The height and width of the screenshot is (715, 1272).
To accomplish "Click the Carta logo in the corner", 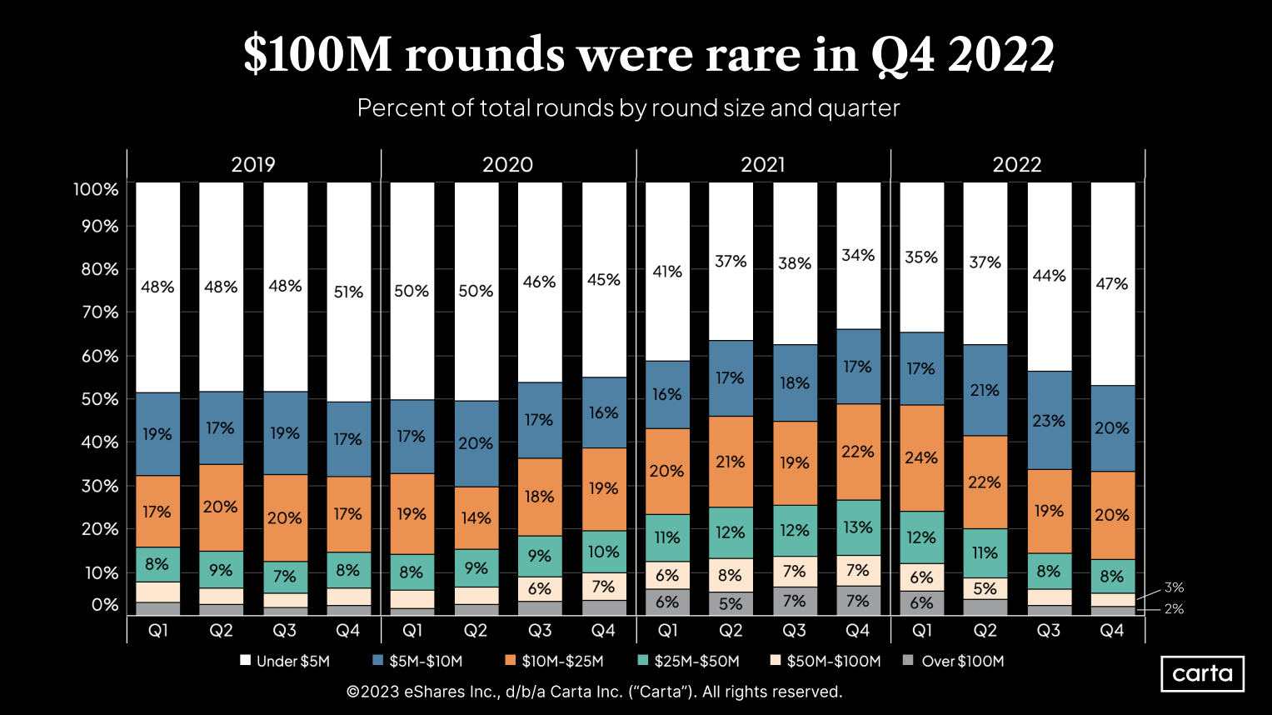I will (x=1202, y=673).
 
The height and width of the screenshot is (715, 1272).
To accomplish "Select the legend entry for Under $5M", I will (x=285, y=661).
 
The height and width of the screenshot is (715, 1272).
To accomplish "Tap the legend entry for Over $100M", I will (x=954, y=661).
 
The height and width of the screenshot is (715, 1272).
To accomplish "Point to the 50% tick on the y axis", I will (x=99, y=399).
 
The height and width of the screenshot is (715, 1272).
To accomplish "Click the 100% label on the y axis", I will (x=96, y=189).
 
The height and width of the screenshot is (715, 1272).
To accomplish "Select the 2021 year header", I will (x=762, y=164).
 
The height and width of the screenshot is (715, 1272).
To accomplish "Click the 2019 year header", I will (x=253, y=164).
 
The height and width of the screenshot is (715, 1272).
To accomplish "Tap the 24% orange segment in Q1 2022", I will (x=921, y=457).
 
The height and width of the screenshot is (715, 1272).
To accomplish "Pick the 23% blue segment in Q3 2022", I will (x=1049, y=420).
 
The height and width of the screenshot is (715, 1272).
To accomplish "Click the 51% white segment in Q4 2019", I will (x=348, y=292).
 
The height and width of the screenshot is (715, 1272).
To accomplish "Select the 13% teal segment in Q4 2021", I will (x=858, y=527).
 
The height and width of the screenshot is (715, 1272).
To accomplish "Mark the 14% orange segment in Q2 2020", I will (x=476, y=517).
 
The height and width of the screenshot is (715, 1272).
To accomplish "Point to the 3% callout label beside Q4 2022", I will (x=1174, y=587).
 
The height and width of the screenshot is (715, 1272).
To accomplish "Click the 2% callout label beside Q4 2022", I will (x=1174, y=609).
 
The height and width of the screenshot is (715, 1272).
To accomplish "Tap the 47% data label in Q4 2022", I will (x=1112, y=284).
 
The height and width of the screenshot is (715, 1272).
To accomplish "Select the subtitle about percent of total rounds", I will (x=628, y=108).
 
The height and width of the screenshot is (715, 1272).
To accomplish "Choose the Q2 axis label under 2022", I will (x=985, y=631).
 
